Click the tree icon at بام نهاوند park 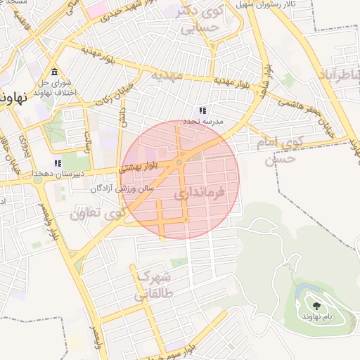[x=316, y=306]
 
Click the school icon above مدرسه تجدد [x=202, y=111]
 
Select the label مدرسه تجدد [x=203, y=122]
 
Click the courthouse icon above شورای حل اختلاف [x=55, y=72]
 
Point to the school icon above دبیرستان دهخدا [x=58, y=163]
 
